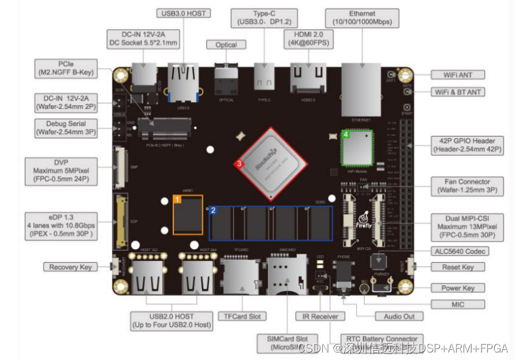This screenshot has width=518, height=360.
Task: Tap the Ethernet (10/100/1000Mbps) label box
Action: click(362, 18)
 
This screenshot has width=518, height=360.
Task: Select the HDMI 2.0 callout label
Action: click(308, 38)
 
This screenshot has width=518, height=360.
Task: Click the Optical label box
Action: click(226, 44)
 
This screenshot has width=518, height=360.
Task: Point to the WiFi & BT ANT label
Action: click(458, 92)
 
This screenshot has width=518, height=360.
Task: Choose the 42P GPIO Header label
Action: click(467, 145)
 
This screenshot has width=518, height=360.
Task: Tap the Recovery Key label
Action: click(71, 267)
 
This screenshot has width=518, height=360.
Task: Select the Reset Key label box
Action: click(459, 267)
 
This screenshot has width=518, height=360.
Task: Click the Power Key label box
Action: click(458, 288)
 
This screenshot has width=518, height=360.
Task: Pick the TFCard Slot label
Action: click(242, 317)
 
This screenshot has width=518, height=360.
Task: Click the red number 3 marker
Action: click(238, 164)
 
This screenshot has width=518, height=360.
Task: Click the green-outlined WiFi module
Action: click(356, 148)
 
